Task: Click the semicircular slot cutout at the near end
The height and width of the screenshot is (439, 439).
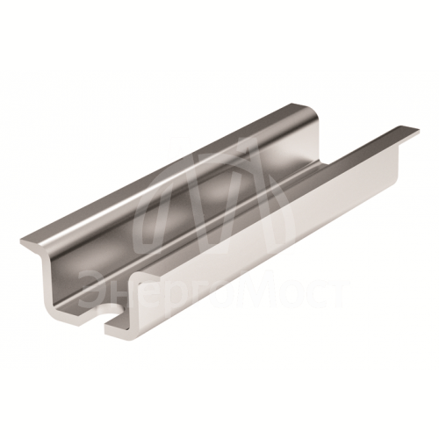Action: (112, 312)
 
